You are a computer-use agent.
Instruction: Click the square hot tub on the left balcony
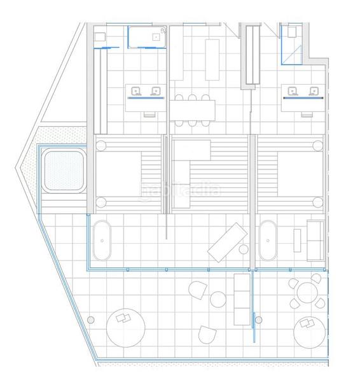coord(63,169)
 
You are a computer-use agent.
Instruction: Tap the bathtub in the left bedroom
coord(102,243)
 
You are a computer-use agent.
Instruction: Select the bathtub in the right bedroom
coord(268,242)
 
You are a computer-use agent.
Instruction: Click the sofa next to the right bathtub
coord(314,241)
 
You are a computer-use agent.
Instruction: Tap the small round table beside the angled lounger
coord(242,250)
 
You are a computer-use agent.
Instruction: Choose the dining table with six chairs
coord(192,110)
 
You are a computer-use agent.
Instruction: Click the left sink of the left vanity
coord(135,91)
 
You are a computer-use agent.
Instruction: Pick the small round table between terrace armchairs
coord(218,298)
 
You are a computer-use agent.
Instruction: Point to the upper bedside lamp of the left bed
coord(100,145)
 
